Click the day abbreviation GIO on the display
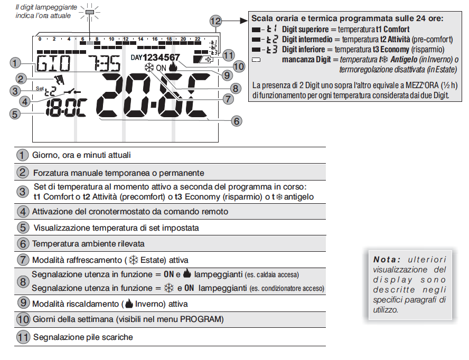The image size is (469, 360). tap(53, 63)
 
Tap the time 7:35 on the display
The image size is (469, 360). tap(104, 63)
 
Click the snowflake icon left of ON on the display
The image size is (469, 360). tap(148, 68)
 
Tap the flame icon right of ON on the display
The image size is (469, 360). tap(173, 68)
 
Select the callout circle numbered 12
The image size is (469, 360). tap(215, 21)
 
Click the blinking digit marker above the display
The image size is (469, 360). tap(90, 11)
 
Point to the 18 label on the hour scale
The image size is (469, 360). tap(169, 39)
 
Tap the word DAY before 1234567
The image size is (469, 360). tap(136, 57)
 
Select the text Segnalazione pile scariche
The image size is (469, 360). tap(83, 337)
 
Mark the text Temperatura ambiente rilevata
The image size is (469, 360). tap(88, 244)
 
